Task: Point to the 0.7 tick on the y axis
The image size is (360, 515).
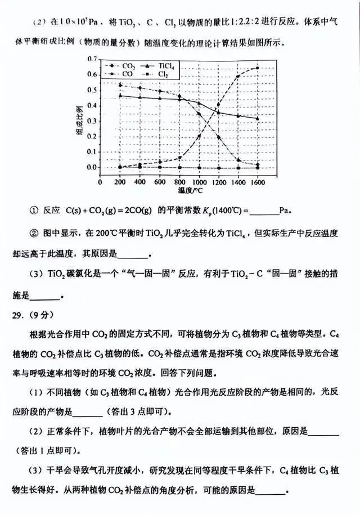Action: pos(93,59)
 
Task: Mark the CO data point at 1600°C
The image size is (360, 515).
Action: pos(258,68)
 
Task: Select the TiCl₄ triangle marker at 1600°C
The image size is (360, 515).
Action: pos(258,118)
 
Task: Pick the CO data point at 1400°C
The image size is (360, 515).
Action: pos(238,76)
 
